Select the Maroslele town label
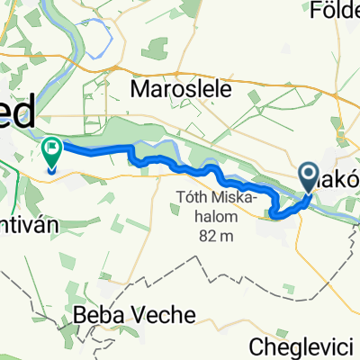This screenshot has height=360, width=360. (x=182, y=89)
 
